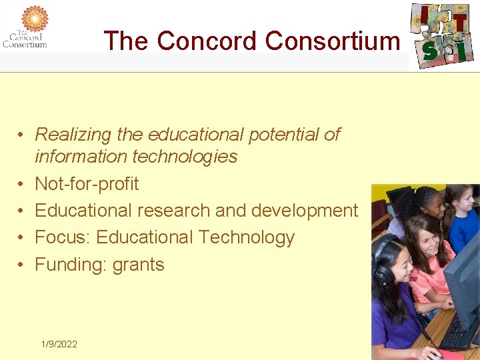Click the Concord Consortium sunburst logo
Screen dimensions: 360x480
[35, 18]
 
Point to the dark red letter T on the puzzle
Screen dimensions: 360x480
[460, 23]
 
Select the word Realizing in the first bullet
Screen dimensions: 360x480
[73, 135]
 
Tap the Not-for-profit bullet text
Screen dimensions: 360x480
[87, 184]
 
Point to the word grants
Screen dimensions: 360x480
[138, 265]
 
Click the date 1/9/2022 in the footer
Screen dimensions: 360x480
[59, 344]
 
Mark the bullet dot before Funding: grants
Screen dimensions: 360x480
[21, 265]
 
